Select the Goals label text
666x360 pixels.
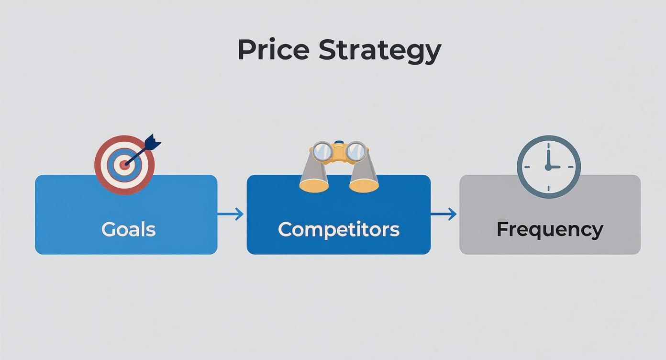pos(128,229)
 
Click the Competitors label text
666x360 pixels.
pos(338,229)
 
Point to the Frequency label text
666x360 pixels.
pos(549,229)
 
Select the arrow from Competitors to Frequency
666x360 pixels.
pos(444,214)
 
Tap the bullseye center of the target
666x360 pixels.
pos(124,165)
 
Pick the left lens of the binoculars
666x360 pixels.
pos(323,151)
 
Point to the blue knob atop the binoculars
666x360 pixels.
pos(339,142)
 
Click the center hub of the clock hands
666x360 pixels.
pos(548,167)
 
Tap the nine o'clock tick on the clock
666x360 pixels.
pos(527,167)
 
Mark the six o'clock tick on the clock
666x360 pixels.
pos(548,188)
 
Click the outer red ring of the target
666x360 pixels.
pos(100,165)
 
